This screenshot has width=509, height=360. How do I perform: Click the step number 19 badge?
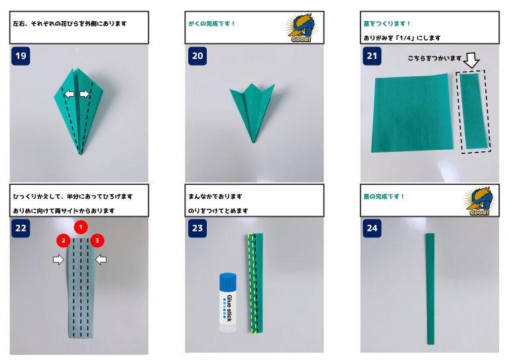(x=21, y=56)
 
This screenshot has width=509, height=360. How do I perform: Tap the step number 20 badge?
(x=198, y=56)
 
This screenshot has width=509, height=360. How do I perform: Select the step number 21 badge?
(x=372, y=56)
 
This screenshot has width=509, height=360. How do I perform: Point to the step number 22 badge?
(x=21, y=228)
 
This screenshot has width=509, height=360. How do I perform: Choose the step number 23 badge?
(x=198, y=228)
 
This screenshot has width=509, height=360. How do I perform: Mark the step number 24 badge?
(x=372, y=228)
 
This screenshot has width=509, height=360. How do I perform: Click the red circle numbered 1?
(x=81, y=227)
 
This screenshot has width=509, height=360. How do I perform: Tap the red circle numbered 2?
(x=64, y=241)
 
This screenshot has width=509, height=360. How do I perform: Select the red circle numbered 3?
(x=97, y=241)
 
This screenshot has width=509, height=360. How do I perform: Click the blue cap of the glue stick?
(x=228, y=281)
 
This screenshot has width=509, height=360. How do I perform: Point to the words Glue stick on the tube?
(x=229, y=308)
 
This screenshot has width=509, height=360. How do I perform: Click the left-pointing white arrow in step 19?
(x=69, y=94)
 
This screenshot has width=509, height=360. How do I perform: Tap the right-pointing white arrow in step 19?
(x=84, y=94)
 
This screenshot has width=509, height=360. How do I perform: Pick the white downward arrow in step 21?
(x=471, y=60)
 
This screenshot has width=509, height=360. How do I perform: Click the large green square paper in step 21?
(x=412, y=113)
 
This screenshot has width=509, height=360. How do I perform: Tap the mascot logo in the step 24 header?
(x=479, y=201)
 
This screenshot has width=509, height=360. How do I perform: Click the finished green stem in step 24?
(x=430, y=288)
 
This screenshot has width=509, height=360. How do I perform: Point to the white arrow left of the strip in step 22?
(x=58, y=259)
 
